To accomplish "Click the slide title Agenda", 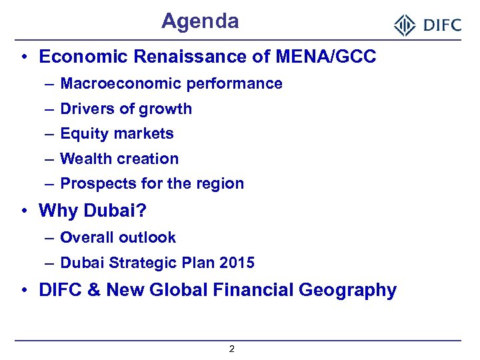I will pyautogui.click(x=200, y=21).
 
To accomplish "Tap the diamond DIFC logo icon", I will pyautogui.click(x=405, y=25).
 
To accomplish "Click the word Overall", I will pyautogui.click(x=85, y=237).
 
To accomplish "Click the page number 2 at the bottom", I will pyautogui.click(x=231, y=349).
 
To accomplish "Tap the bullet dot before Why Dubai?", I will pyautogui.click(x=23, y=211).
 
